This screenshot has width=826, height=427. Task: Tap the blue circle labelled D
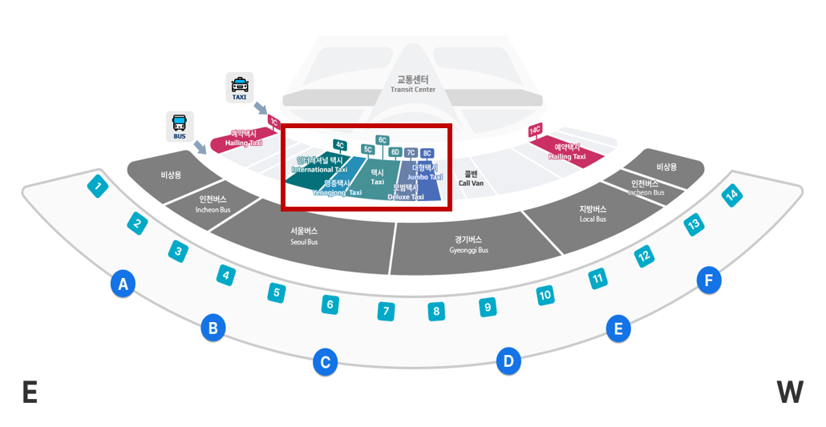tap(508, 361)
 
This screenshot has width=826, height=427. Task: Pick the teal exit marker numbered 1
tap(98, 188)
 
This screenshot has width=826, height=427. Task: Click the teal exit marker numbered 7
tap(386, 311)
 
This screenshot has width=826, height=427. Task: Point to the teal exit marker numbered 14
tap(731, 195)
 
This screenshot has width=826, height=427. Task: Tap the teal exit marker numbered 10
tap(545, 296)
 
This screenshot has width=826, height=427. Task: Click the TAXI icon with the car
tap(240, 87)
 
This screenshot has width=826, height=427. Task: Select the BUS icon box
tap(180, 126)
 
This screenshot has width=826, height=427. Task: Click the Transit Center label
tap(413, 84)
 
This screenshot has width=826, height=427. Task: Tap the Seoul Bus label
tap(304, 236)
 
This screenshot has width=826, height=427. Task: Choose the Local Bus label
tap(593, 214)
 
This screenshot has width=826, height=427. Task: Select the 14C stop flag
tap(535, 130)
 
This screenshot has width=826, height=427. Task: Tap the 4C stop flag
tap(340, 145)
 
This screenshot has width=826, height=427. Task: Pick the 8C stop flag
tap(427, 153)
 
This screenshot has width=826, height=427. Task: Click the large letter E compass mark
tap(30, 393)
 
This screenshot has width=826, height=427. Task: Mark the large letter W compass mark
tap(790, 393)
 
